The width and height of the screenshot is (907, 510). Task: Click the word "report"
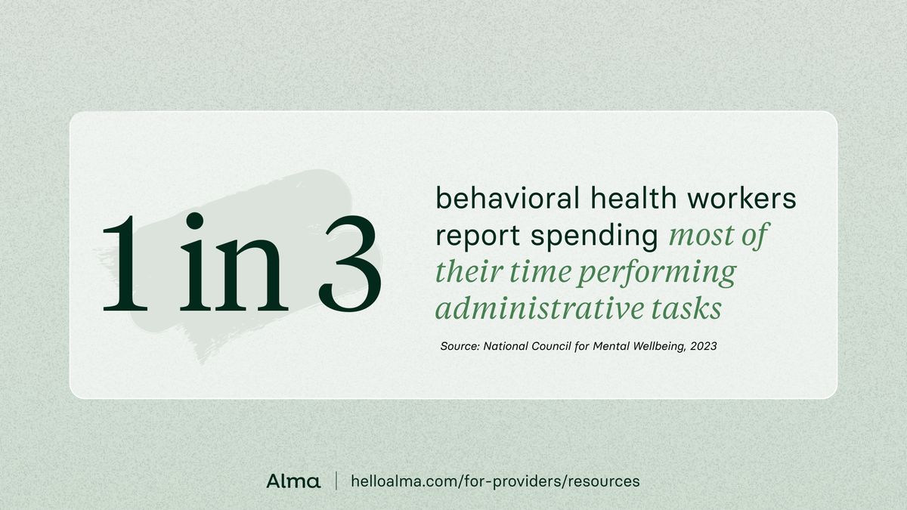tap(478, 236)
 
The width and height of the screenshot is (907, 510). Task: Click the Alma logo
tap(293, 481)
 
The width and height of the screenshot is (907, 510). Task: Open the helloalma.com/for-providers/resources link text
tap(496, 481)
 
